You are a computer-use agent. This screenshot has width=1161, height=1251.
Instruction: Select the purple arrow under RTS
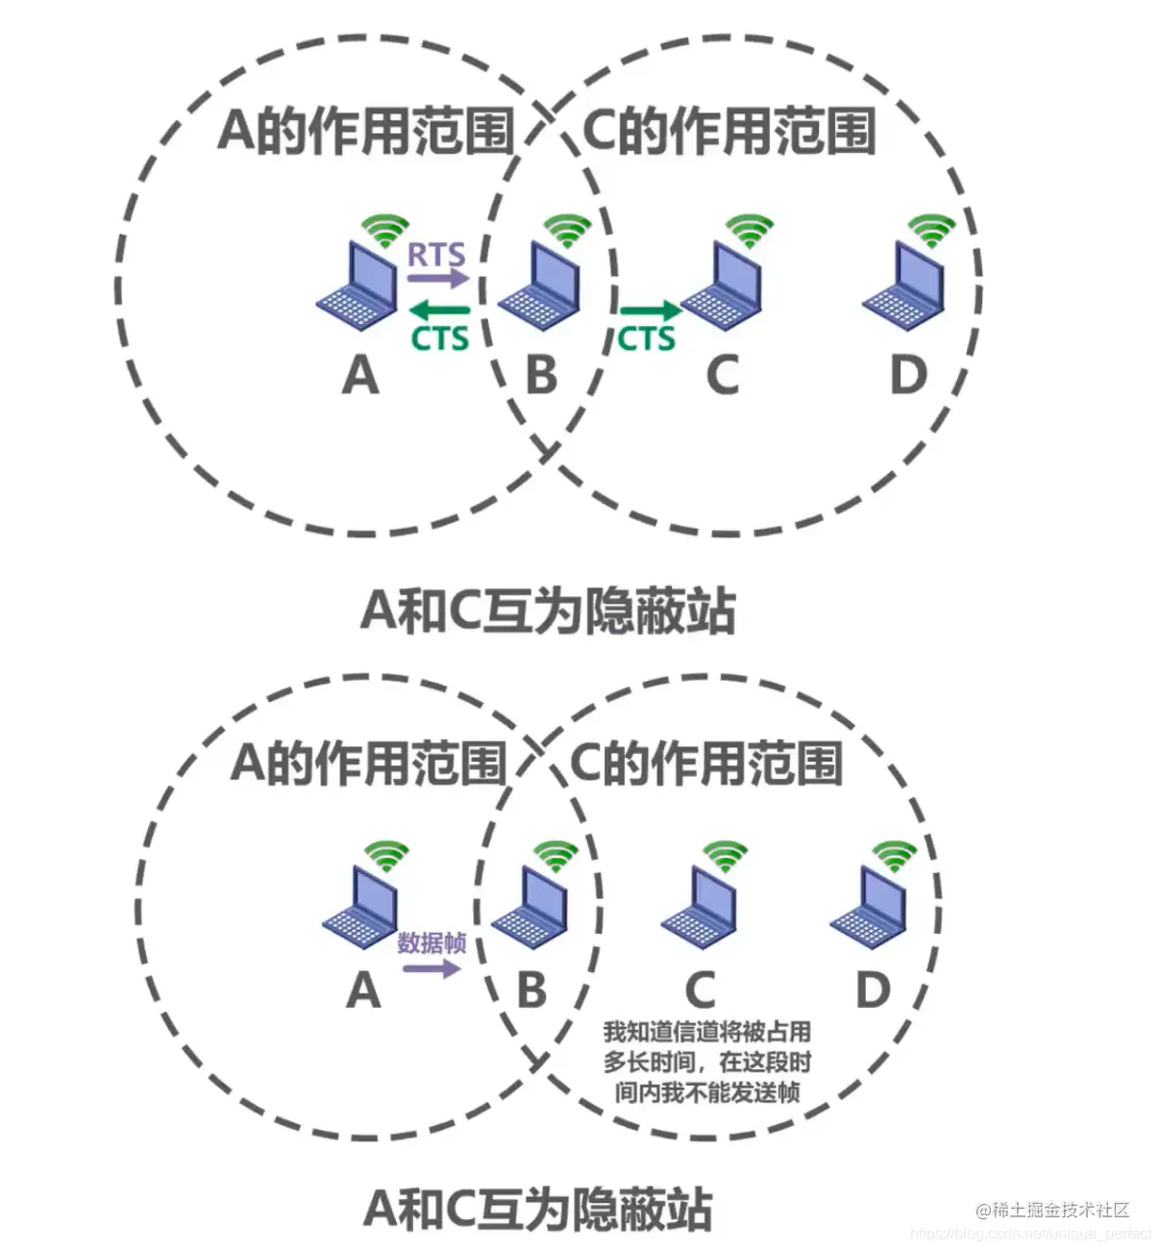(437, 279)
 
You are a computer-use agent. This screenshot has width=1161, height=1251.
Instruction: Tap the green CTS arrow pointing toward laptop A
(440, 311)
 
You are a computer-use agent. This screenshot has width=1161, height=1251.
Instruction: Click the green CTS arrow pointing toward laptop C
(649, 311)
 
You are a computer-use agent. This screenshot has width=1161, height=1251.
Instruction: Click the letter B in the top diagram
(542, 374)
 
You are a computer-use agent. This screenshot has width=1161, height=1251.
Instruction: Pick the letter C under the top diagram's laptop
(723, 374)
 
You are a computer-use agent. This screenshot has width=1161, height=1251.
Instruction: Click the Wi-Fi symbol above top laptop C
(749, 230)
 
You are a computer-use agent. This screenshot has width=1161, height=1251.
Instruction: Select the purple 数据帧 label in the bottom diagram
(432, 942)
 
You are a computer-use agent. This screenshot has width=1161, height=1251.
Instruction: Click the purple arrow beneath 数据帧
(432, 967)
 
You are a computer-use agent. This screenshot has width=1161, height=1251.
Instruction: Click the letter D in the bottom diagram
(873, 989)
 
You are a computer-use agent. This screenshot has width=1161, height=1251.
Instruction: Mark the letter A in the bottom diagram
(363, 989)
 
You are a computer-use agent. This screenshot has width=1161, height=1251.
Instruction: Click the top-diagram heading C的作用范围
(729, 131)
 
